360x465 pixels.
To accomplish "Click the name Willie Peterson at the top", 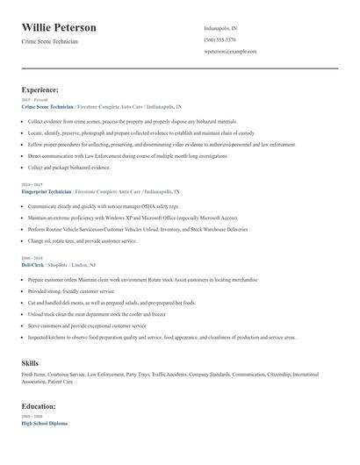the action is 59,28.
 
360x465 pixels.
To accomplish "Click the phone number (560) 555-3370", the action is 220,39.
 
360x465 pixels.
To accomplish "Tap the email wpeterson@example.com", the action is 230,52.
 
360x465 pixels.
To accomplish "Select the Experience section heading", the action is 40,89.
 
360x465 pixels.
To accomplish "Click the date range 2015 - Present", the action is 32,99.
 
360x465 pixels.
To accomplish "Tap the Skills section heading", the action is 29,361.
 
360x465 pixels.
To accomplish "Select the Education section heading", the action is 40,407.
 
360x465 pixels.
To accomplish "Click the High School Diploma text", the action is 44,423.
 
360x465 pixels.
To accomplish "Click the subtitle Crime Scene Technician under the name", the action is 55,42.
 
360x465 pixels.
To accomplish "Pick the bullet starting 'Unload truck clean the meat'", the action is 97,313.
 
